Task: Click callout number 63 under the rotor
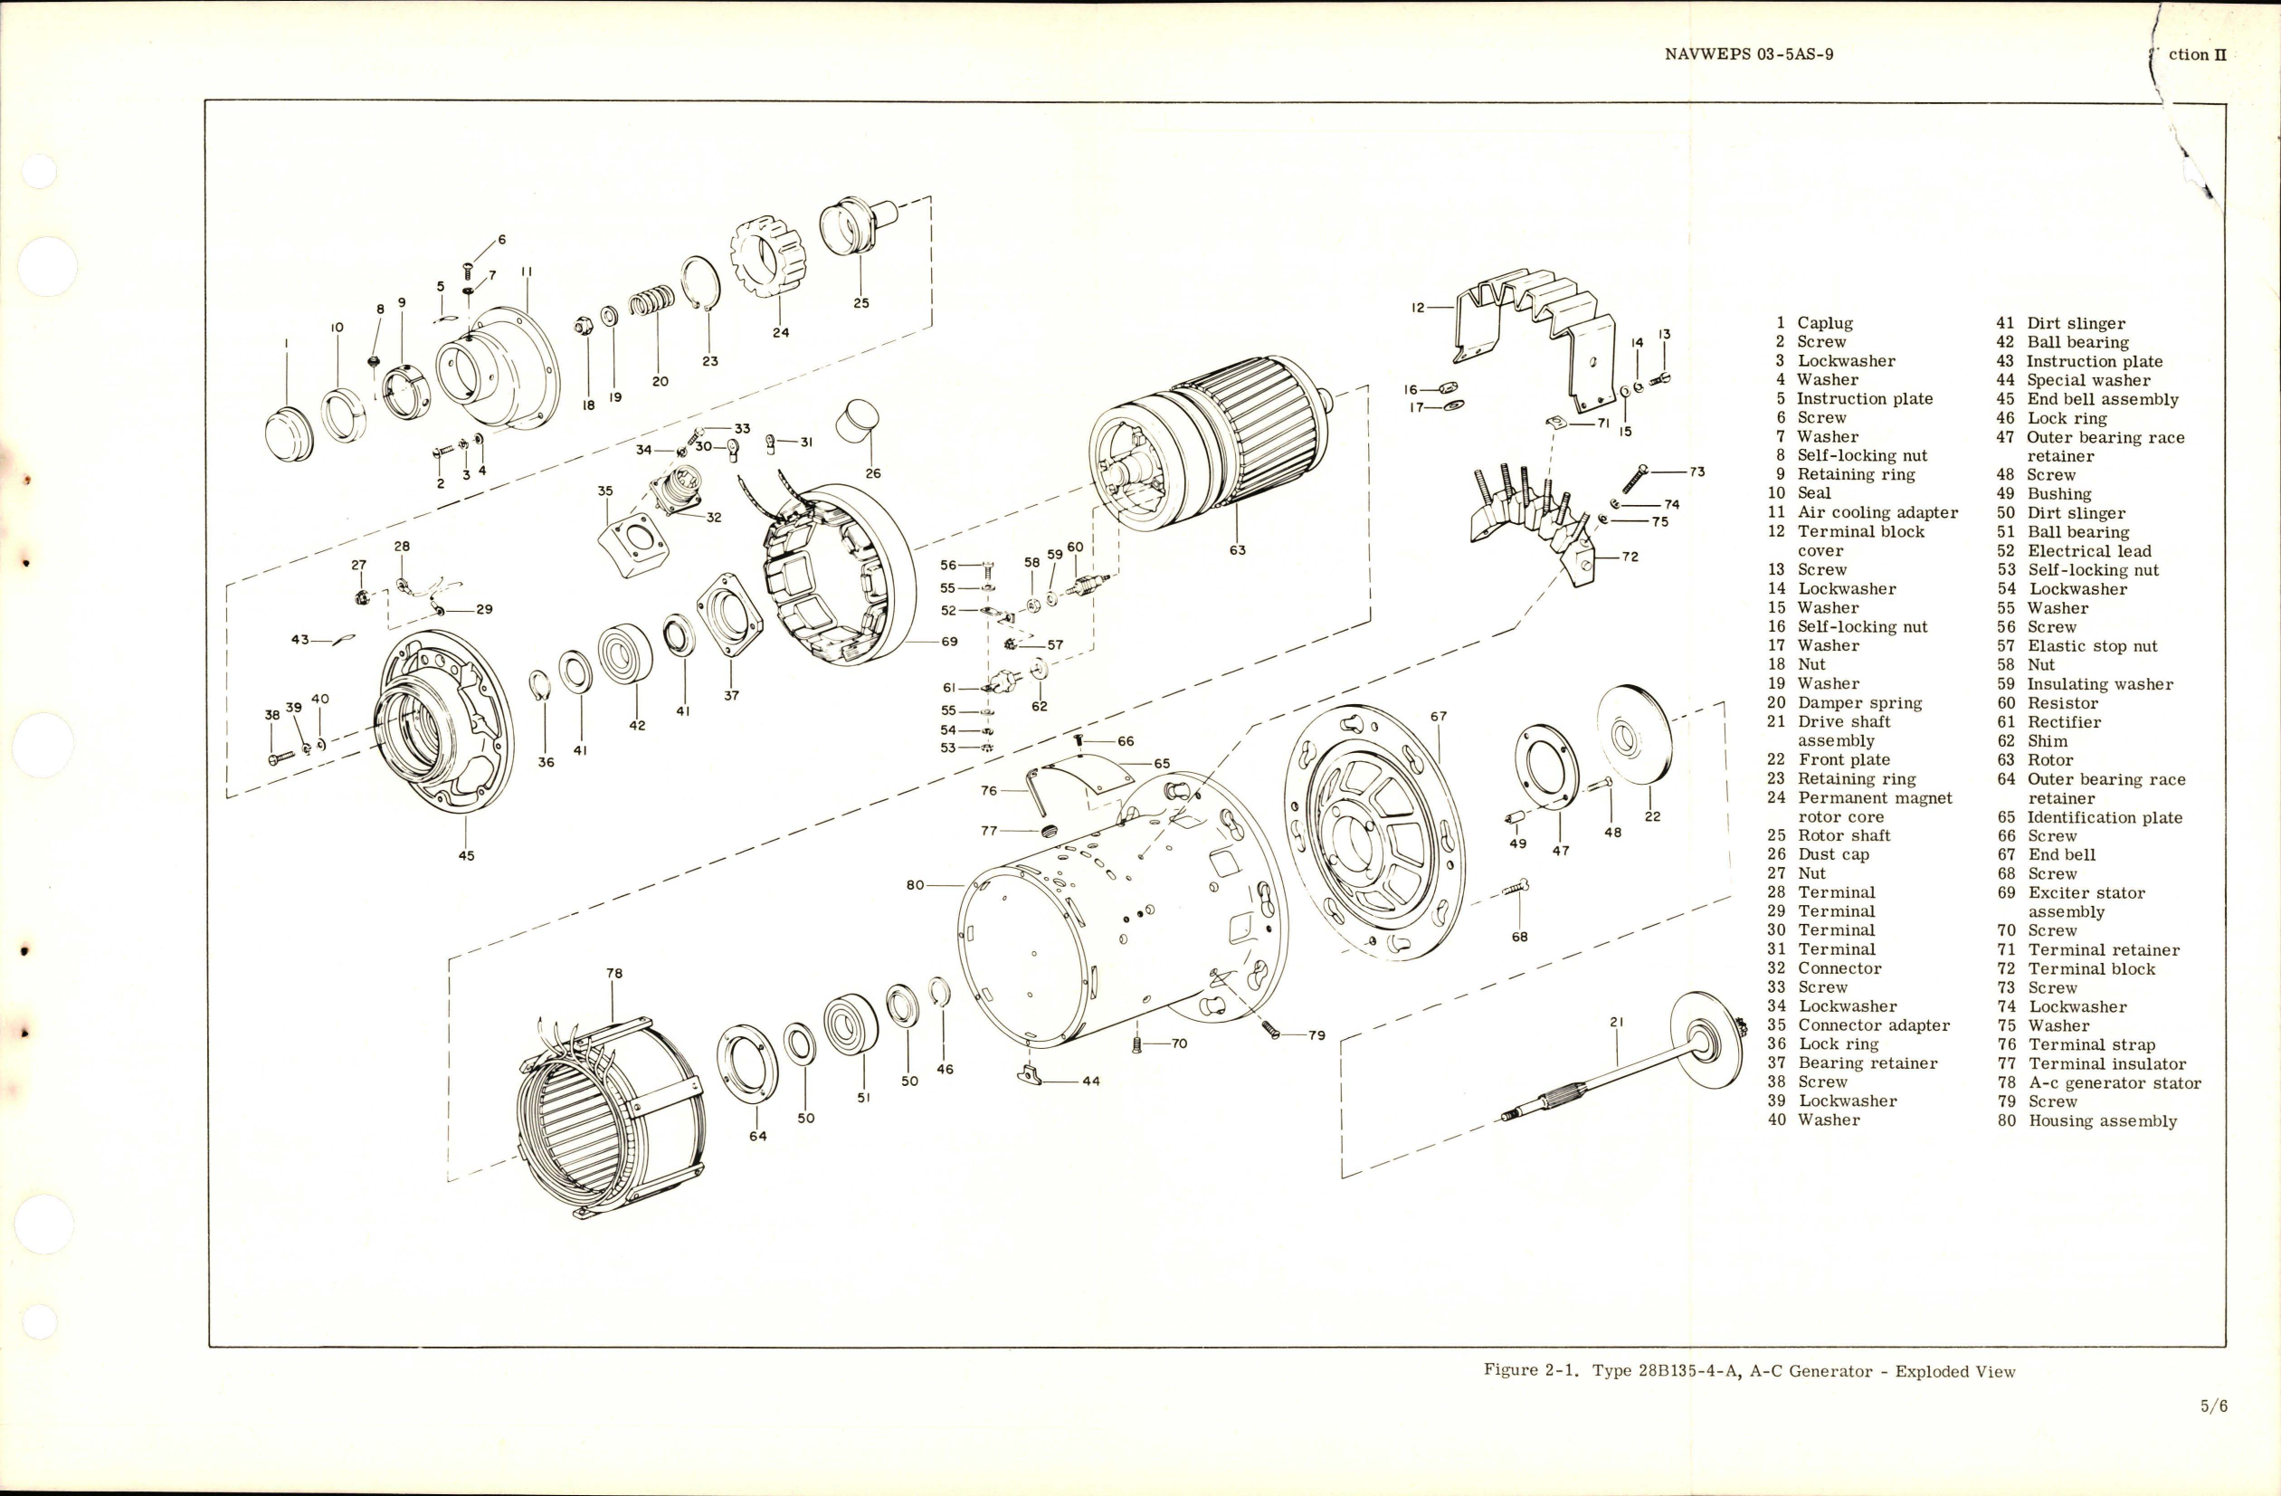pyautogui.click(x=1237, y=550)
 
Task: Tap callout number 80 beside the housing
pyautogui.click(x=916, y=884)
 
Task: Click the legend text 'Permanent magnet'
pyautogui.click(x=1875, y=797)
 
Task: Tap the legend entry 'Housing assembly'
pyautogui.click(x=2103, y=1120)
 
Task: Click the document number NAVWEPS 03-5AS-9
pyautogui.click(x=1749, y=54)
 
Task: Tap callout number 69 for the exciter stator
pyautogui.click(x=949, y=641)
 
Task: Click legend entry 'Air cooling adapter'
pyautogui.click(x=1877, y=513)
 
